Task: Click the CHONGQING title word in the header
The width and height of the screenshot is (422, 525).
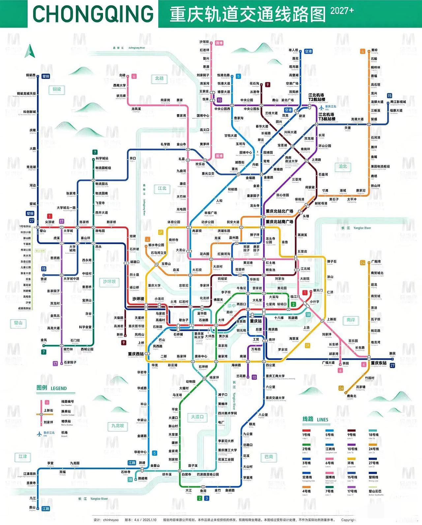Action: coord(93,14)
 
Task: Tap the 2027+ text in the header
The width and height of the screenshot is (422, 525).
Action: coord(342,11)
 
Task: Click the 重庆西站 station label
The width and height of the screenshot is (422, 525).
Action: coord(136,354)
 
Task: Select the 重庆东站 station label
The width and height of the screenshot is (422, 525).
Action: coord(378,363)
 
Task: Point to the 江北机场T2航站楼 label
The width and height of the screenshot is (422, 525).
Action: coord(316,97)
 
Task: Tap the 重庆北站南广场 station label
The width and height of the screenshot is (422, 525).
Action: coord(280,221)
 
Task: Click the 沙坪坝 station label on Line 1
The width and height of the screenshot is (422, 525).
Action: coord(138,299)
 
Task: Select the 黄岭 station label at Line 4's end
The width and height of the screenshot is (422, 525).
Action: coord(374,50)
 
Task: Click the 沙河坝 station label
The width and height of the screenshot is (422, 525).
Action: coord(204,42)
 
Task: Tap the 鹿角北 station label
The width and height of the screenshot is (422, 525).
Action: coord(351,396)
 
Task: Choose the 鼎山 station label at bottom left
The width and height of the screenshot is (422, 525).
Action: coord(32,507)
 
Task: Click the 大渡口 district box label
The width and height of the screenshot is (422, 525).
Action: coord(197,417)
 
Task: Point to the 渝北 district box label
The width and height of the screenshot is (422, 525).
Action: coord(343,166)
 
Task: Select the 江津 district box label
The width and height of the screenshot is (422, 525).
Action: coord(23,456)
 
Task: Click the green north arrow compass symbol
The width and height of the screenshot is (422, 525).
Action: coord(30,50)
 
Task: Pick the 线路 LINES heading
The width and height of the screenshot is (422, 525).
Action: coord(316,419)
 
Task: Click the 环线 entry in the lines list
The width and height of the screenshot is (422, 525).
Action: coord(351,463)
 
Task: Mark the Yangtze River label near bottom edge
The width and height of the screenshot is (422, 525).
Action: coord(99,499)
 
